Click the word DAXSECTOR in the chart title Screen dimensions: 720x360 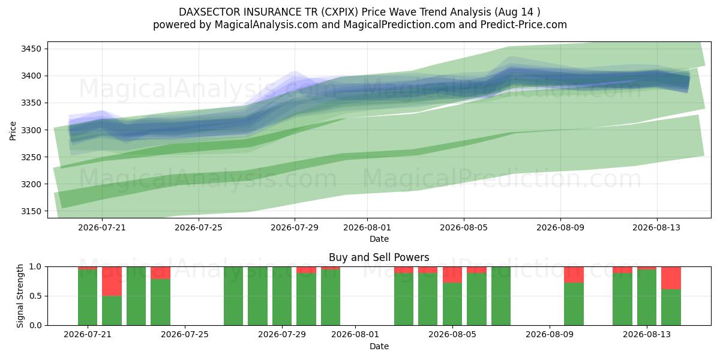(x=209, y=12)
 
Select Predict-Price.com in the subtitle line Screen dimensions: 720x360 (x=524, y=25)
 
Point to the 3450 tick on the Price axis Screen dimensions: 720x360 (x=31, y=49)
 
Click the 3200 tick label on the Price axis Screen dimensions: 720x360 (x=31, y=184)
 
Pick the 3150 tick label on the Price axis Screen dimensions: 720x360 (x=31, y=211)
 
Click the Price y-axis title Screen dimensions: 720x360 (x=13, y=131)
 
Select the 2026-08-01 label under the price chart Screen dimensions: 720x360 (x=367, y=227)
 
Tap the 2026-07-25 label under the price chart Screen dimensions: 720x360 (x=199, y=227)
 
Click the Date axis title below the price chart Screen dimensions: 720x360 (x=379, y=239)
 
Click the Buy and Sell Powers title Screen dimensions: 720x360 (x=379, y=257)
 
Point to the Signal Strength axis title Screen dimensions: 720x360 (x=20, y=296)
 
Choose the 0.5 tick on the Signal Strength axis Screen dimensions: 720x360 (x=35, y=296)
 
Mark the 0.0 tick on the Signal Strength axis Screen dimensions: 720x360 (x=35, y=325)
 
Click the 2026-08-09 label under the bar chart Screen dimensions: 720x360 (x=550, y=335)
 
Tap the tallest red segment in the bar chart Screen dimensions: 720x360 (x=112, y=281)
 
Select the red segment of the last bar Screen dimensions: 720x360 (x=671, y=278)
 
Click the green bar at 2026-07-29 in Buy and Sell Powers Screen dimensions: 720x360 (x=282, y=296)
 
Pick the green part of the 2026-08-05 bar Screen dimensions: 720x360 (x=452, y=304)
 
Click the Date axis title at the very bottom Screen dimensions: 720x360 (x=379, y=346)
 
